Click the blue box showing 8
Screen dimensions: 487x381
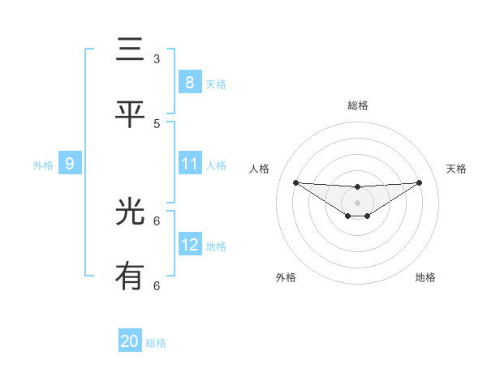(x=189, y=82)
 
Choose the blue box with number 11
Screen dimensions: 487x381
(x=189, y=164)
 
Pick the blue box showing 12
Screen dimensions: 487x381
(x=189, y=244)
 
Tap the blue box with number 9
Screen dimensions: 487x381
(x=70, y=164)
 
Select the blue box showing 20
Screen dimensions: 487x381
(x=130, y=341)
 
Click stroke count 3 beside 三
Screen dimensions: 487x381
(x=157, y=58)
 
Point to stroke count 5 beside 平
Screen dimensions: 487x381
(x=157, y=123)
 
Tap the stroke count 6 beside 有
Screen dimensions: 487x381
(x=157, y=285)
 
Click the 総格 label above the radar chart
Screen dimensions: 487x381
(x=357, y=105)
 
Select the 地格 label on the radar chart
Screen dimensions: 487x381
(x=425, y=277)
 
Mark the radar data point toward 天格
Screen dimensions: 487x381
(x=419, y=182)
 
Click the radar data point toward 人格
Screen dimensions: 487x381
(x=295, y=182)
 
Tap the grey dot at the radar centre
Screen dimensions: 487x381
(x=357, y=202)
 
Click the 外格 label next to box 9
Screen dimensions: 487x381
(x=43, y=165)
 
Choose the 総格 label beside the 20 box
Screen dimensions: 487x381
(x=156, y=343)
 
